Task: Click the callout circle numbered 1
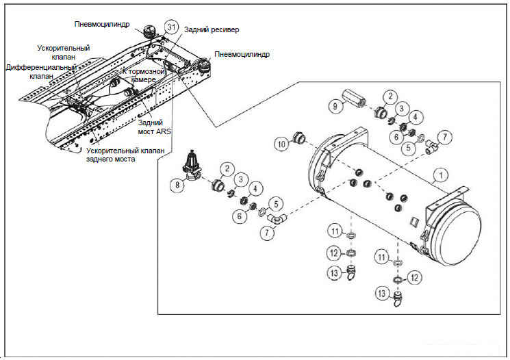[x=442, y=176]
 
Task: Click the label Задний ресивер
[x=211, y=30]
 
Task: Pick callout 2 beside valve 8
[x=225, y=169]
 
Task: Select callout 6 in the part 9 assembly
[x=396, y=136]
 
